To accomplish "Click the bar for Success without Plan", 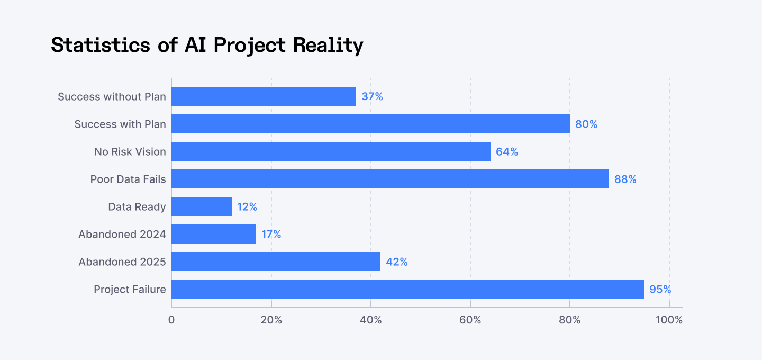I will tap(264, 96).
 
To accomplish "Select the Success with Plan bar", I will tap(370, 124).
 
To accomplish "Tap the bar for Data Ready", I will tap(202, 206).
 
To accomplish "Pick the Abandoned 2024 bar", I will tap(214, 234).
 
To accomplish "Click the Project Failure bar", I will tap(407, 289).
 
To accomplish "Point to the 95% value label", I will tap(660, 290).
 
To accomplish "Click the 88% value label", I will tap(625, 179).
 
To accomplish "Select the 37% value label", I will tap(372, 97).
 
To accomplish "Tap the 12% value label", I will tap(247, 207).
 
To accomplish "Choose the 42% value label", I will tap(396, 262).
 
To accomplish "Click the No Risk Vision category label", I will tap(130, 152).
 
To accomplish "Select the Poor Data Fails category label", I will tap(128, 179).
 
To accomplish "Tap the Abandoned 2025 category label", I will tap(122, 262).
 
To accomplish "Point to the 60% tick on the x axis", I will tap(470, 320).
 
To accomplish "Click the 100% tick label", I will tap(669, 320).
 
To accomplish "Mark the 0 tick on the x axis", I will tap(171, 320).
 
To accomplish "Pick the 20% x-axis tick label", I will tap(271, 320).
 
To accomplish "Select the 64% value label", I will tap(506, 152).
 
